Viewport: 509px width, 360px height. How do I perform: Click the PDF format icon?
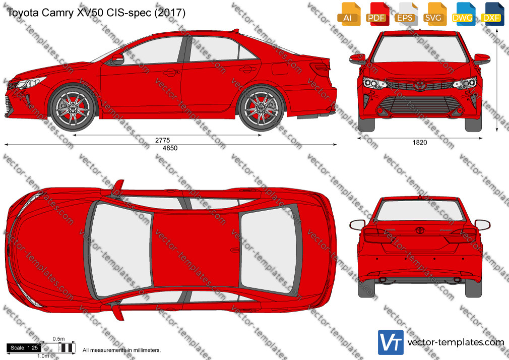pos(376,14)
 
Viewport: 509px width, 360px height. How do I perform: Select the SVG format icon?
pos(434,14)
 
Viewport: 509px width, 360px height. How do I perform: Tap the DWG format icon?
pos(463,14)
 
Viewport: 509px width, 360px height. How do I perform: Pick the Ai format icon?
pos(348,14)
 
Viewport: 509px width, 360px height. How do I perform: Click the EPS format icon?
pos(406,14)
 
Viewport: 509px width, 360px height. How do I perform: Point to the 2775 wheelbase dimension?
pos(162,140)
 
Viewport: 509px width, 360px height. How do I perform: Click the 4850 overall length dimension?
pos(170,148)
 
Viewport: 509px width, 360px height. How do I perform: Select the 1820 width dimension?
pos(420,142)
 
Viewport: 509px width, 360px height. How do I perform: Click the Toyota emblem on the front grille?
pos(420,85)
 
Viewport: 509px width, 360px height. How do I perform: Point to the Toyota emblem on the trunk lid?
pos(420,230)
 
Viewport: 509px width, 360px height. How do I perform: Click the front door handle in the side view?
pos(171,72)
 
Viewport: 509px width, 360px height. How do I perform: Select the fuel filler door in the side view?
pos(280,68)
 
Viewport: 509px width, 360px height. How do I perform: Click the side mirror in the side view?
pos(117,59)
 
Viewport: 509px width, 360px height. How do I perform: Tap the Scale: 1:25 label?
pos(24,348)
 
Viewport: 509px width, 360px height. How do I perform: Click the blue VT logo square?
pos(391,342)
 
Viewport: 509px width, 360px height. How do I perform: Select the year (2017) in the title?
pos(170,13)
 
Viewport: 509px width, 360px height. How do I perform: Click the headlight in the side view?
pos(30,83)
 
